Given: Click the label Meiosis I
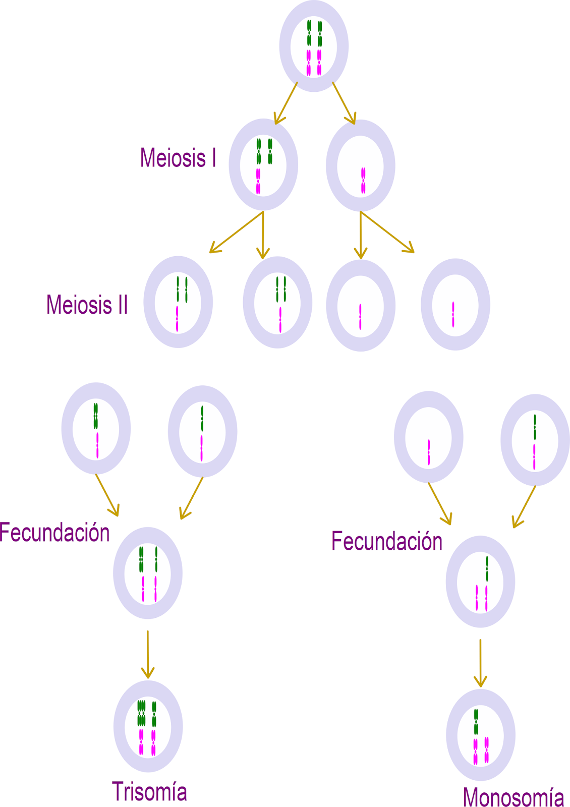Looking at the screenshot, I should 178,158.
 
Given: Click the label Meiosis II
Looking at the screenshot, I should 87,305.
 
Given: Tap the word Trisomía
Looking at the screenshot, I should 149,791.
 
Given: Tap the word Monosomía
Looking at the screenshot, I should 513,797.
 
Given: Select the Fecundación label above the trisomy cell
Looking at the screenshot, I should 54,533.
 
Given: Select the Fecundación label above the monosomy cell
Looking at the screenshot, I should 387,541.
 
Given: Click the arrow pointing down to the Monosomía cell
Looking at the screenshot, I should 480,663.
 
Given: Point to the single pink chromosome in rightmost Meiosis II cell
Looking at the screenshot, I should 453,314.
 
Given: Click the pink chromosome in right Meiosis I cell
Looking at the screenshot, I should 363,181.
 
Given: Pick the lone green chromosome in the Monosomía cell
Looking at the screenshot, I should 476,721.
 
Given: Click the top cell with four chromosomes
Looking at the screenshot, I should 314,46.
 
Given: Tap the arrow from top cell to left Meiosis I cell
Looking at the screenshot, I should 286,103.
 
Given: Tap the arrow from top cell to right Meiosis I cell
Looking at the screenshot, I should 344,103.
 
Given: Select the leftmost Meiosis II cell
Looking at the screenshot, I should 178,302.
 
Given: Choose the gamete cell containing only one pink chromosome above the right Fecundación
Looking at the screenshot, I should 428,437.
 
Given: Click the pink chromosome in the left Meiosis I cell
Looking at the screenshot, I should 258,181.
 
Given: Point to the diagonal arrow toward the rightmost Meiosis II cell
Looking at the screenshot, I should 387,232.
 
